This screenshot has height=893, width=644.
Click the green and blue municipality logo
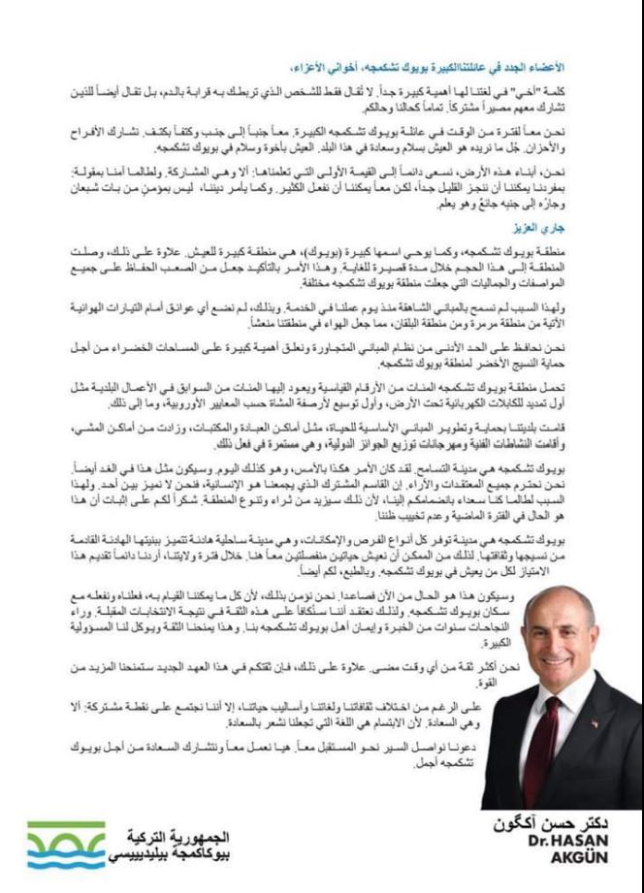67,845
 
